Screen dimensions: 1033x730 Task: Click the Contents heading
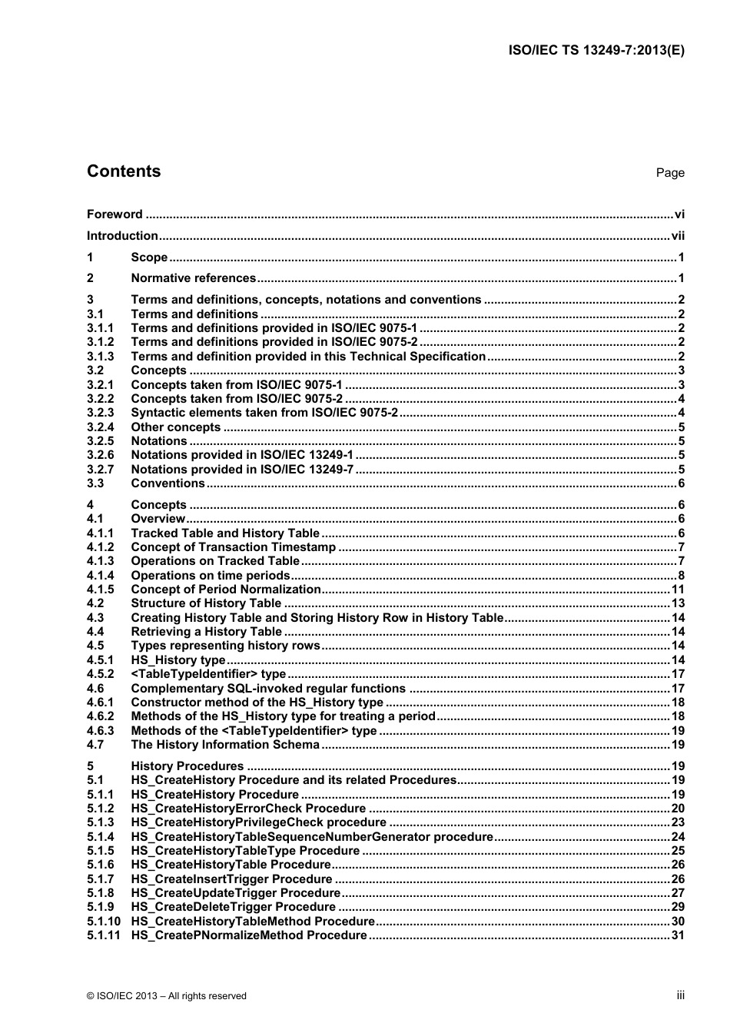[x=124, y=171]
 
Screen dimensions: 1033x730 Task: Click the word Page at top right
[x=669, y=173]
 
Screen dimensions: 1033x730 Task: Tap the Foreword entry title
[x=114, y=214]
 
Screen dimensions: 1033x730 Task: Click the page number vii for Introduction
[x=677, y=236]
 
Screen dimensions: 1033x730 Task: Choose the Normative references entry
[x=193, y=278]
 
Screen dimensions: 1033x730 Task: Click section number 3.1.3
[x=100, y=356]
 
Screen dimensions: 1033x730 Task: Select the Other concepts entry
[x=176, y=427]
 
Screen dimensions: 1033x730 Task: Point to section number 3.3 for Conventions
[x=95, y=483]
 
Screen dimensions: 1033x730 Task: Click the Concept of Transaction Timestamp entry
[x=234, y=547]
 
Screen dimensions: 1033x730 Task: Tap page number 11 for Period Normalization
[x=678, y=590]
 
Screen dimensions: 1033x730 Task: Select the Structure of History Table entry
[x=206, y=603]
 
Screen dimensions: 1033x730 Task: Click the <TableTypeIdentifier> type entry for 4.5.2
[x=208, y=674]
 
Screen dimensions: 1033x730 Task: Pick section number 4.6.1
[x=100, y=703]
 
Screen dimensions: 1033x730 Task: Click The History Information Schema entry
[x=225, y=745]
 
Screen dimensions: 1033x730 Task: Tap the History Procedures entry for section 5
[x=187, y=766]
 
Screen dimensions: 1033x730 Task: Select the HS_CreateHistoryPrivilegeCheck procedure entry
[x=259, y=822]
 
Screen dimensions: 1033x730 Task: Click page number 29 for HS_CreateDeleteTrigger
[x=678, y=907]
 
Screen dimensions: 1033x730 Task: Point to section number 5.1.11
[x=103, y=935]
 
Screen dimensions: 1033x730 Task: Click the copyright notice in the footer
[x=167, y=996]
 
